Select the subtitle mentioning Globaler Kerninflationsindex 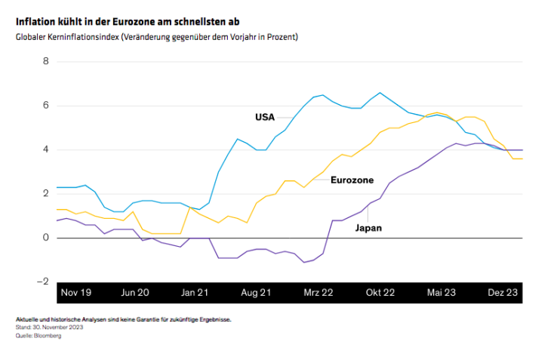pyautogui.click(x=157, y=37)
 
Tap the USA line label pyautogui.click(x=265, y=117)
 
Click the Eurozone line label pyautogui.click(x=352, y=180)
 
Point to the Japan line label pyautogui.click(x=368, y=226)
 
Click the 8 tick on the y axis pyautogui.click(x=45, y=61)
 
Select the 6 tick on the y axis pyautogui.click(x=45, y=106)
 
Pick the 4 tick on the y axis pyautogui.click(x=45, y=149)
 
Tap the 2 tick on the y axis pyautogui.click(x=45, y=194)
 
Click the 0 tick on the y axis pyautogui.click(x=45, y=238)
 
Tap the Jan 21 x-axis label pyautogui.click(x=195, y=292)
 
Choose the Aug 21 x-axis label pyautogui.click(x=257, y=292)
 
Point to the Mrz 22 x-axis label pyautogui.click(x=318, y=292)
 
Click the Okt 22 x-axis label pyautogui.click(x=380, y=292)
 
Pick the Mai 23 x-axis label pyautogui.click(x=442, y=292)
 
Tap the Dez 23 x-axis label pyautogui.click(x=502, y=292)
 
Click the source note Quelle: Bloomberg pyautogui.click(x=38, y=335)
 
